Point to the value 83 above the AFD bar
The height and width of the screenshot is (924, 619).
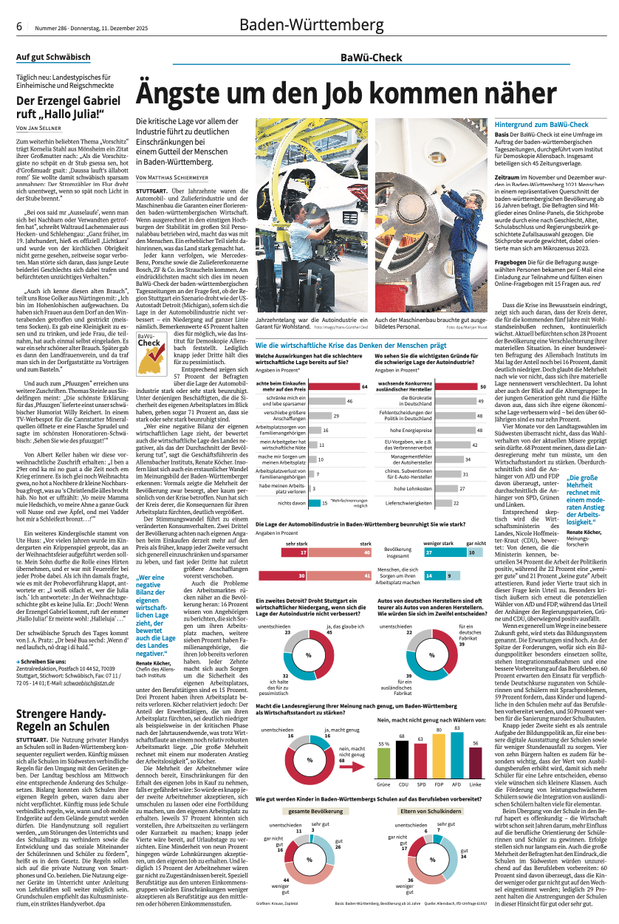456,728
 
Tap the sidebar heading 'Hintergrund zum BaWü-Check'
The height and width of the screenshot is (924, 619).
541,125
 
